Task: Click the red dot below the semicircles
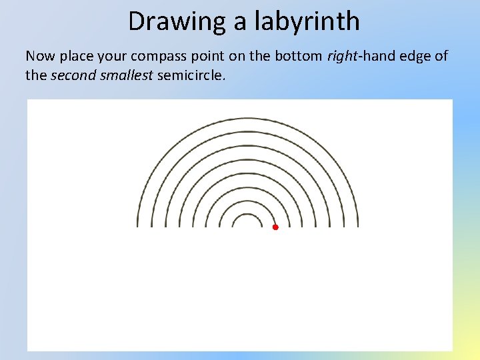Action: (x=275, y=227)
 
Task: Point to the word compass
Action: (x=167, y=57)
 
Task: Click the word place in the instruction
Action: (x=80, y=57)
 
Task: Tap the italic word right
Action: (x=341, y=57)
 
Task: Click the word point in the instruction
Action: (x=215, y=57)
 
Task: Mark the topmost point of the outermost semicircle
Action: (x=248, y=118)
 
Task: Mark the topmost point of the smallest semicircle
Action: (x=248, y=215)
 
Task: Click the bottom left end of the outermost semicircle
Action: (x=138, y=226)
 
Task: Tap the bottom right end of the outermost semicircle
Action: (x=358, y=226)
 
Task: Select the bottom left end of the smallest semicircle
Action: (x=234, y=226)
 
